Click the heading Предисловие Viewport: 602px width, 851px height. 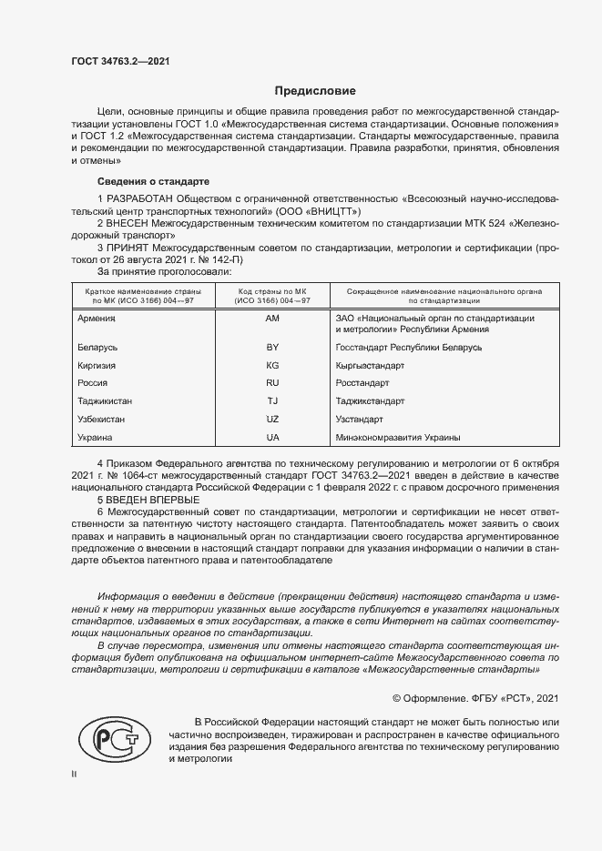click(x=316, y=91)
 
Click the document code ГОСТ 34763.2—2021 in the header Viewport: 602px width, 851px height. click(x=120, y=61)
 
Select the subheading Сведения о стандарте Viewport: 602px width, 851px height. click(x=153, y=181)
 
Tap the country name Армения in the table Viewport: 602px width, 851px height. click(x=97, y=318)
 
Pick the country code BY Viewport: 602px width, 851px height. click(x=272, y=348)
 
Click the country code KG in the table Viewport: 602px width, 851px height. click(x=272, y=366)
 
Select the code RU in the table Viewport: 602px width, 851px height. click(x=272, y=383)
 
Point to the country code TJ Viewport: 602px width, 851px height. click(x=272, y=401)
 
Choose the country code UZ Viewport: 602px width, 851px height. click(x=272, y=419)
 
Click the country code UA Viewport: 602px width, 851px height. click(x=272, y=437)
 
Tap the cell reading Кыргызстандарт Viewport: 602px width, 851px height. click(x=370, y=366)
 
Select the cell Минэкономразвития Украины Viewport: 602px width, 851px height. click(x=397, y=437)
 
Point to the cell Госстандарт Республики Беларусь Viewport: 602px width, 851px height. click(x=408, y=348)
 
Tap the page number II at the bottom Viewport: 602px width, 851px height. click(x=74, y=775)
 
